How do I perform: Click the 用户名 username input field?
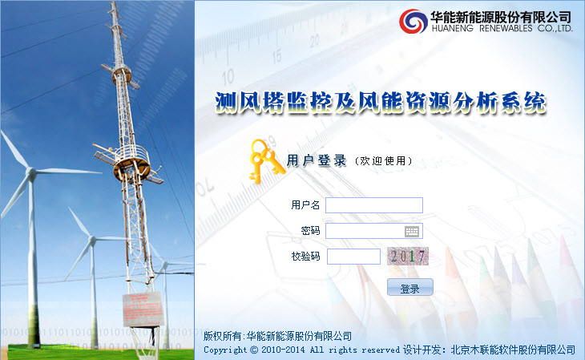click(x=373, y=205)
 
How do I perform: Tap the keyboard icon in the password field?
click(x=412, y=232)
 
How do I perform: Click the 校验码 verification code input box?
click(x=353, y=257)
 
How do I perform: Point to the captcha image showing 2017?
click(x=408, y=257)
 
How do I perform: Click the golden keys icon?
click(x=266, y=161)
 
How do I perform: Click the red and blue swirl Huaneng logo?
click(x=413, y=22)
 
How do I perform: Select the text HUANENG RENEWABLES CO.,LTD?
click(x=502, y=28)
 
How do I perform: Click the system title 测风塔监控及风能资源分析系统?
click(x=380, y=103)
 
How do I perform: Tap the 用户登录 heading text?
click(x=317, y=160)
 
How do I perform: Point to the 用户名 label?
click(x=305, y=205)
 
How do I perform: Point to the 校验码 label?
click(x=305, y=257)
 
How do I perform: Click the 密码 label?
click(x=310, y=231)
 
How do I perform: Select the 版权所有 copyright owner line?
click(x=277, y=336)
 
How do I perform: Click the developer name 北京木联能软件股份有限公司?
click(x=513, y=350)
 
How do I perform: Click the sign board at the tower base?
click(x=143, y=309)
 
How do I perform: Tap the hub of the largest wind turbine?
click(x=30, y=173)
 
